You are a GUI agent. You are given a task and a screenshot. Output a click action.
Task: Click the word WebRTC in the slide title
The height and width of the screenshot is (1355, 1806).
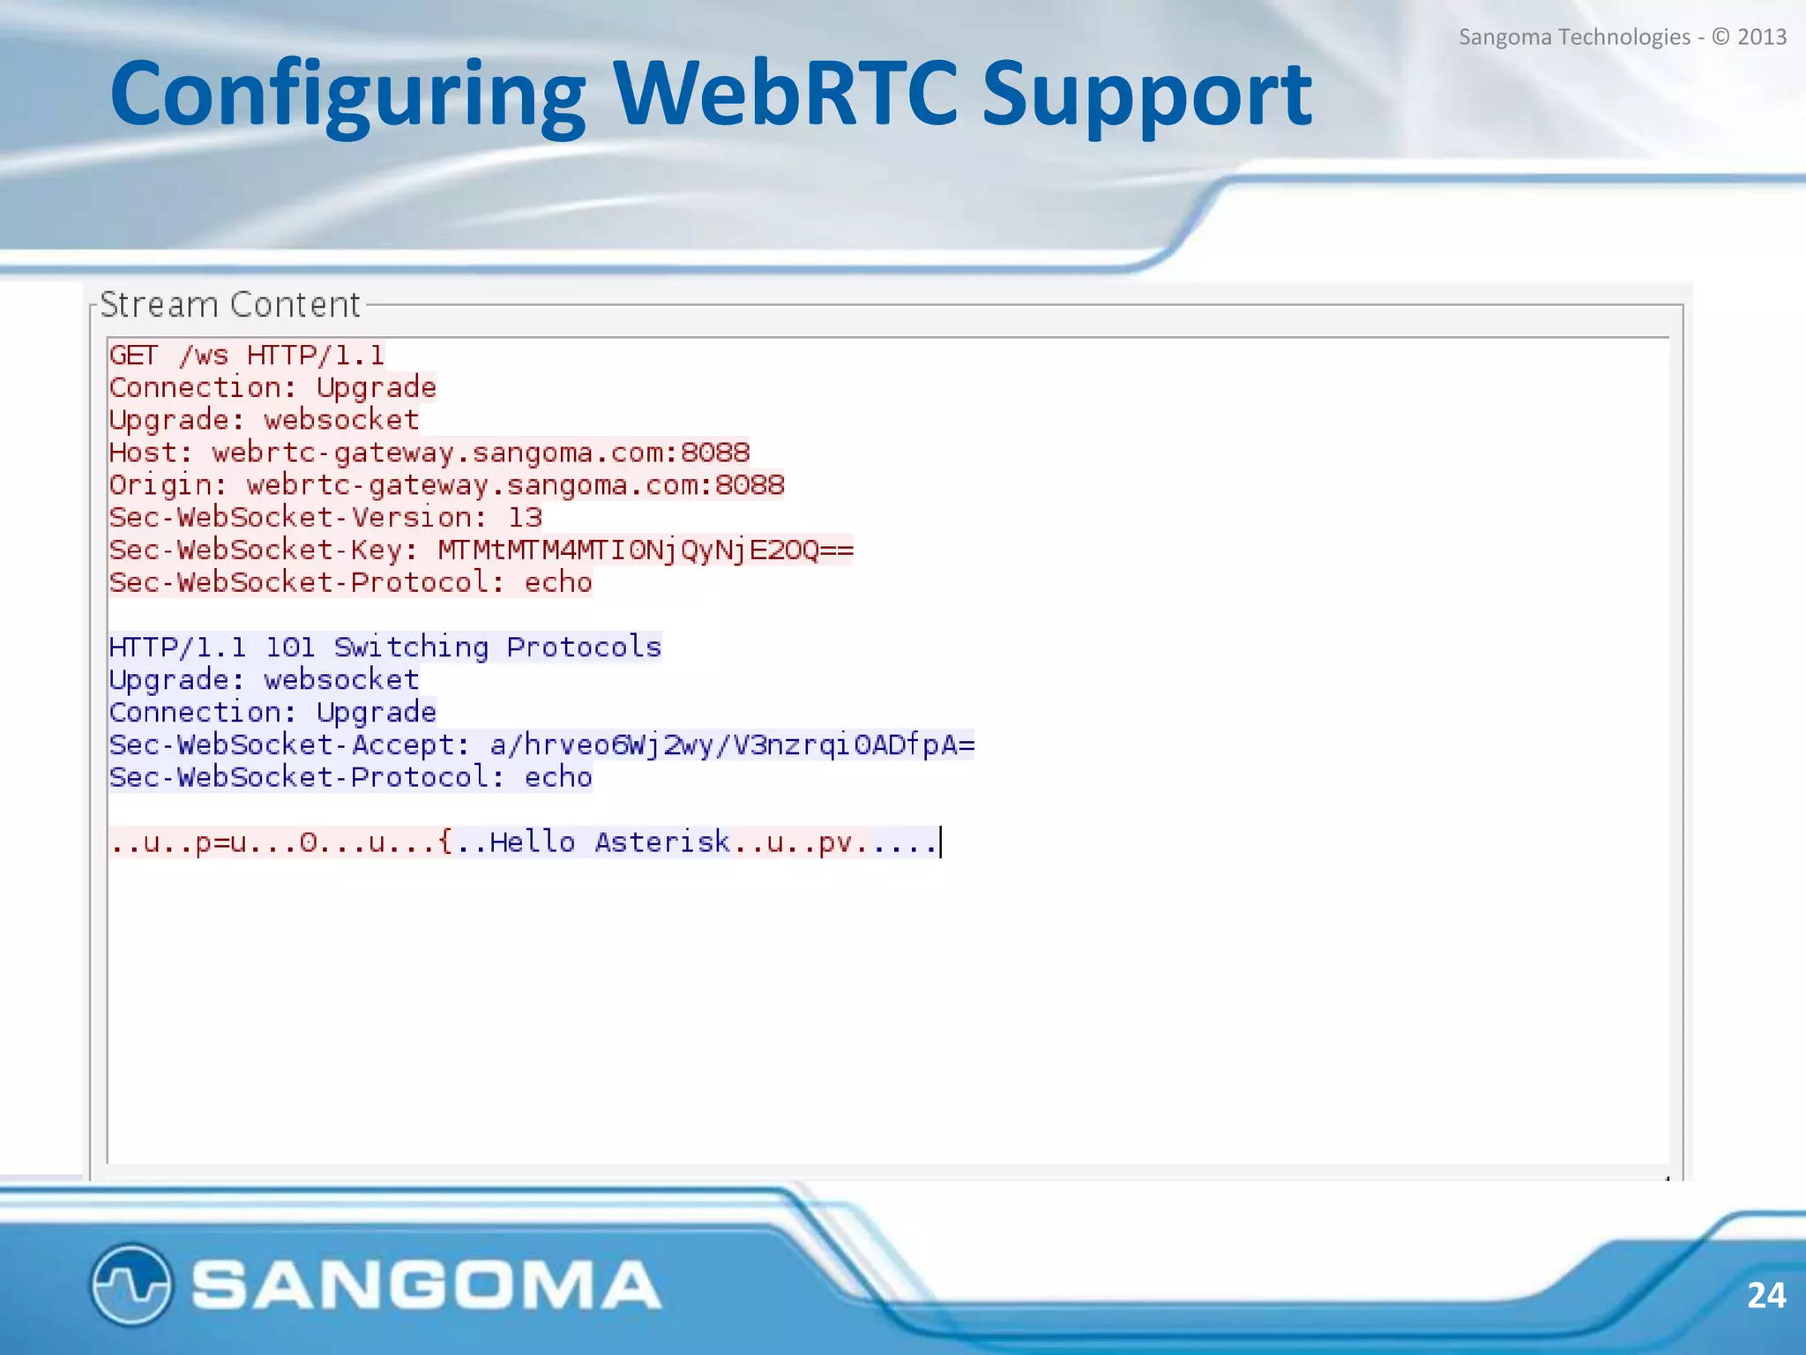click(785, 93)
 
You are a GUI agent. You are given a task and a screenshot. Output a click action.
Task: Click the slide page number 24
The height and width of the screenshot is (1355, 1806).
click(1765, 1295)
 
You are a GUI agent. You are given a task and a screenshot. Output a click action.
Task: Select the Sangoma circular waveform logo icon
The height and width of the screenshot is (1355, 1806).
click(131, 1284)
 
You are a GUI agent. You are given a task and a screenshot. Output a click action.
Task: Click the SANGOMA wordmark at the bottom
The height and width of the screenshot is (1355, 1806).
click(426, 1284)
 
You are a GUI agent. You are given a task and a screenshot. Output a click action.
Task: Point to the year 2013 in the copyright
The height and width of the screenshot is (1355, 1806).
click(1761, 37)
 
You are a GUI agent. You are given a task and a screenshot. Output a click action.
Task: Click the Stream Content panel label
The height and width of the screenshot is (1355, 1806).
click(230, 304)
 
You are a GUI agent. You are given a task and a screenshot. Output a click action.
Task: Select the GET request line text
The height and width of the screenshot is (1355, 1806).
click(246, 356)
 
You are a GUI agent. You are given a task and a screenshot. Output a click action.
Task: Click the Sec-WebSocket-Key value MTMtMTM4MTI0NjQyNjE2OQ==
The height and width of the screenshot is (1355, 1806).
click(646, 550)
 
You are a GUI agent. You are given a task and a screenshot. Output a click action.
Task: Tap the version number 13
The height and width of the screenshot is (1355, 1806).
click(526, 518)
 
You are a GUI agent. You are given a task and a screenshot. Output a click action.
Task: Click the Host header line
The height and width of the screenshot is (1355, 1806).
click(429, 453)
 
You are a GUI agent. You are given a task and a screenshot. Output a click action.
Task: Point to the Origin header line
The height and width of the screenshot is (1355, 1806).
click(446, 485)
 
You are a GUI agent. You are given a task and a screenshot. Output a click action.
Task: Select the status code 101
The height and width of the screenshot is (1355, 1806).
click(290, 648)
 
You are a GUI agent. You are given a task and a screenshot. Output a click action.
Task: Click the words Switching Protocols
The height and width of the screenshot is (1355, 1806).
click(497, 648)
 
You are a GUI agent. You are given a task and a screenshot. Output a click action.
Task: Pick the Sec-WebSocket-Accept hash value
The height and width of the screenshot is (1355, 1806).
click(732, 745)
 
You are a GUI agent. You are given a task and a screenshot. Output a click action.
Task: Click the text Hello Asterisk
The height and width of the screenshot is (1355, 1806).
click(609, 842)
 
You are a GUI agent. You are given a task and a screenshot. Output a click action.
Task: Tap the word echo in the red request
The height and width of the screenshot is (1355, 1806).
click(558, 583)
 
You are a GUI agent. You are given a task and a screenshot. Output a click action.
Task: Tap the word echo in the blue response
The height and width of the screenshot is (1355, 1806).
click(558, 778)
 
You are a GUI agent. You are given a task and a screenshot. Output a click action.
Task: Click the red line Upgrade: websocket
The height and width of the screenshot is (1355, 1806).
click(264, 420)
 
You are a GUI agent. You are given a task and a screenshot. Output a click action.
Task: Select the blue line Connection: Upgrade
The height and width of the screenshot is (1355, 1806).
click(272, 713)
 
